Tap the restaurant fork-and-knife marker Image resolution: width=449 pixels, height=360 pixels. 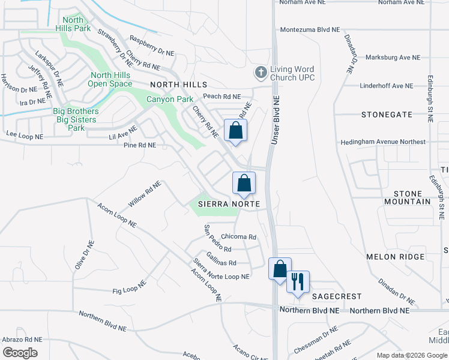[298, 281]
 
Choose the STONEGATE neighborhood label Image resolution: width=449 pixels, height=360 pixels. [387, 114]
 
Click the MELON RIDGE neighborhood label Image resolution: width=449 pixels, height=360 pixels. [390, 257]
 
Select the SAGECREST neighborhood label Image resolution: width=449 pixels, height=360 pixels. [336, 296]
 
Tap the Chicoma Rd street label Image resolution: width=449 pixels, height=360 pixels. [238, 237]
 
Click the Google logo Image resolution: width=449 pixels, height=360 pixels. [20, 352]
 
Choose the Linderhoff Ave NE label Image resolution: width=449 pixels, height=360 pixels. [387, 86]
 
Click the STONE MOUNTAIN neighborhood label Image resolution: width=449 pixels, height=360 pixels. [412, 197]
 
